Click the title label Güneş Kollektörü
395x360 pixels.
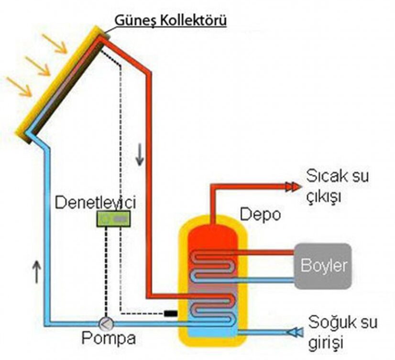(170, 21)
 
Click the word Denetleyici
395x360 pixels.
(95, 202)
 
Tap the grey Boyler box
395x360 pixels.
(323, 266)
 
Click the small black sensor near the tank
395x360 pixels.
(170, 314)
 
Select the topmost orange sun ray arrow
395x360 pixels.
(55, 43)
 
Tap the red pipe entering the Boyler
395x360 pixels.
(268, 252)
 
